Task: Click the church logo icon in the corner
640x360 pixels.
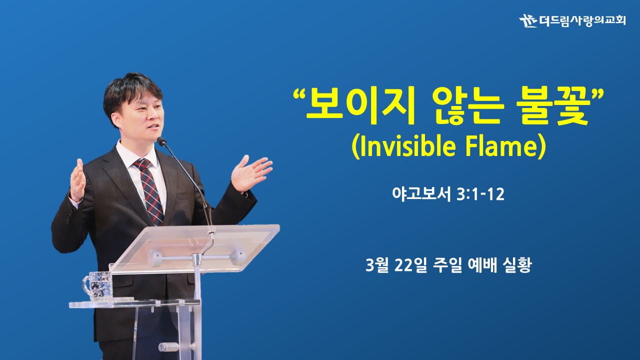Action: [x=528, y=20]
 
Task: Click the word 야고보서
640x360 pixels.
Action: [x=421, y=194]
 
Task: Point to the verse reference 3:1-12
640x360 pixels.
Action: [x=480, y=194]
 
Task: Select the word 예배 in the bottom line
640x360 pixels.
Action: [x=482, y=265]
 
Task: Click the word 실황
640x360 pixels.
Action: [x=517, y=265]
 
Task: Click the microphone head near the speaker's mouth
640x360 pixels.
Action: [x=161, y=141]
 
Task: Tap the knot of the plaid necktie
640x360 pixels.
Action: [x=142, y=164]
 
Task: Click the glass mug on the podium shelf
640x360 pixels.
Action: [x=97, y=285]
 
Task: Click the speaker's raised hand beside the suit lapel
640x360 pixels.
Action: [x=77, y=180]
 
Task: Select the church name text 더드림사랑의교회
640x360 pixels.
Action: [x=582, y=20]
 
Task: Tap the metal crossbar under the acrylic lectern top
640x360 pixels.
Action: [x=196, y=257]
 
